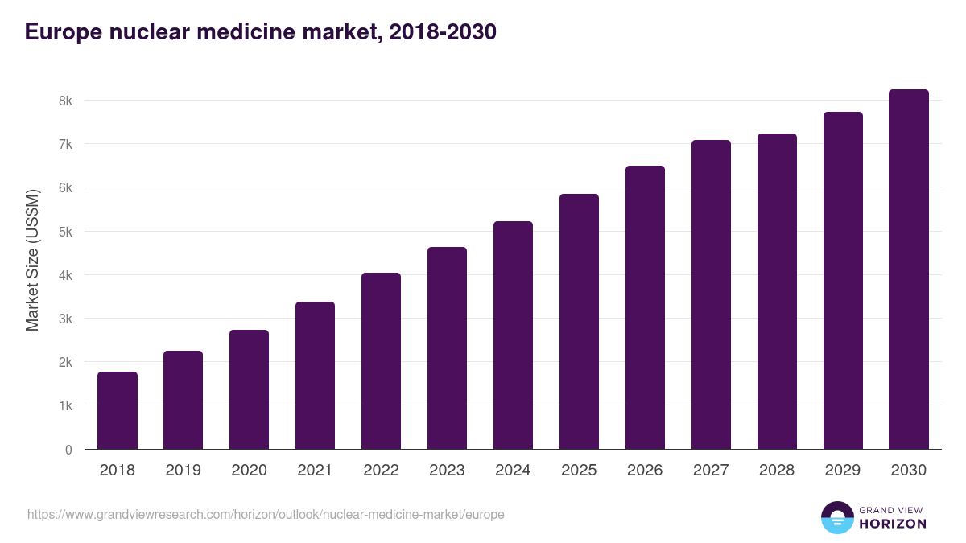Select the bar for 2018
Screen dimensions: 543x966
[x=118, y=410]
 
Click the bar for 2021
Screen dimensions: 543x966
[x=316, y=376]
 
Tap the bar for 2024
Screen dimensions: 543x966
[x=514, y=335]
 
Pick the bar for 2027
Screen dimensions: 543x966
[x=712, y=294]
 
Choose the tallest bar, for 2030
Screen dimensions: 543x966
[x=909, y=269]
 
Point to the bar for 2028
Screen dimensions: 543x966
[x=778, y=291]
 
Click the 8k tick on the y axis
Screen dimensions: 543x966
[x=64, y=101]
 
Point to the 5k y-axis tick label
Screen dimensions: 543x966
[x=64, y=232]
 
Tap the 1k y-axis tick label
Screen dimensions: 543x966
[x=64, y=406]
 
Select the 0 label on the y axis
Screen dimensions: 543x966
[x=68, y=450]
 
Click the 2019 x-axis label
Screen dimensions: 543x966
[x=184, y=471]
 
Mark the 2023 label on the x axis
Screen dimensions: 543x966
[x=448, y=471]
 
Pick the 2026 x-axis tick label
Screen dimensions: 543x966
[x=646, y=471]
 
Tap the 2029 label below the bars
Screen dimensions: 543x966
[x=843, y=471]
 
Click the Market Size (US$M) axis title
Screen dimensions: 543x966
[x=33, y=260]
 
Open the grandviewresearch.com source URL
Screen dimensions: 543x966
[x=266, y=514]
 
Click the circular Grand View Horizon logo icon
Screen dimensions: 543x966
[x=837, y=518]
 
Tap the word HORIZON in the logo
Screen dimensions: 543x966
[x=893, y=524]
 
